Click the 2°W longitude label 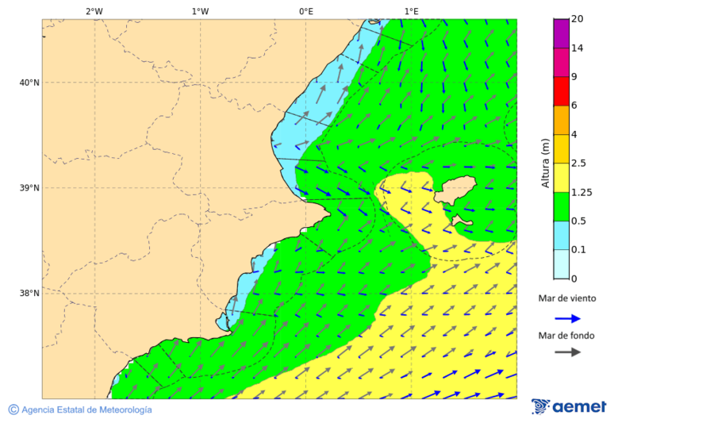point(94,11)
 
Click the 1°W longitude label point(200,11)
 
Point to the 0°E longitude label point(305,11)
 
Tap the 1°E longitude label point(411,11)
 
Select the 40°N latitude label point(29,83)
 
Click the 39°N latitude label point(29,188)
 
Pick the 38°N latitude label point(29,294)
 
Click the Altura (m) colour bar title point(545,163)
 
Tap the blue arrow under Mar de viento point(567,318)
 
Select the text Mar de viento point(566,298)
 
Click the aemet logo point(569,406)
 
